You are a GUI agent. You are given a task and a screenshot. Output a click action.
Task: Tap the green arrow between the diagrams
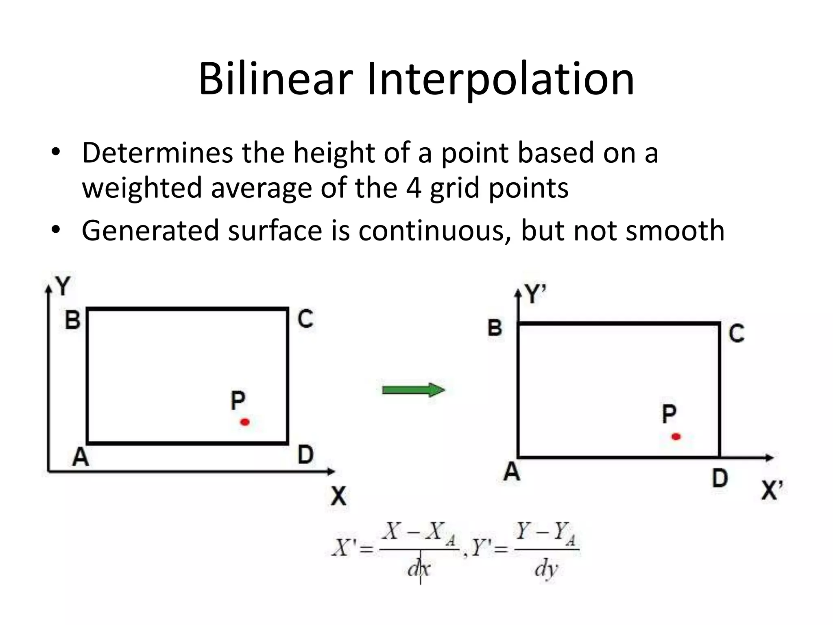pyautogui.click(x=413, y=390)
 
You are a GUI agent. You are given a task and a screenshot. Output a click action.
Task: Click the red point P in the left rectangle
pyautogui.click(x=245, y=422)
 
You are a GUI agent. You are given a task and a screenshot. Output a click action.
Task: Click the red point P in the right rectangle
pyautogui.click(x=676, y=437)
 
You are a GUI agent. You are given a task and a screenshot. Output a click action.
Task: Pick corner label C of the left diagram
pyautogui.click(x=305, y=319)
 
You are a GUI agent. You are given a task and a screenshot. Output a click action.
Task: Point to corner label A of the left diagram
pyautogui.click(x=80, y=457)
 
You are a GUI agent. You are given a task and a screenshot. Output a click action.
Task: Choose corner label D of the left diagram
pyautogui.click(x=305, y=455)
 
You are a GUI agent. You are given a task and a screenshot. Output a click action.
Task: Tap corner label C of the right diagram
pyautogui.click(x=736, y=333)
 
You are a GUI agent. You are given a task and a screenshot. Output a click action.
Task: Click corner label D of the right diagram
pyautogui.click(x=720, y=478)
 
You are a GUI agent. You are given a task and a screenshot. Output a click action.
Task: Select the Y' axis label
pyautogui.click(x=535, y=294)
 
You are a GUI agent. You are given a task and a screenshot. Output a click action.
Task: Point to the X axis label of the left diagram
pyautogui.click(x=338, y=496)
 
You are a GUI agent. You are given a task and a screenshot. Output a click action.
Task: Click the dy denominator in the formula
pyautogui.click(x=546, y=568)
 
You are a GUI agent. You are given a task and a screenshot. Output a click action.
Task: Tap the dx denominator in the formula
pyautogui.click(x=419, y=568)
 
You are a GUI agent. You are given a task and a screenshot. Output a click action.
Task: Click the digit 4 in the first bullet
pyautogui.click(x=414, y=188)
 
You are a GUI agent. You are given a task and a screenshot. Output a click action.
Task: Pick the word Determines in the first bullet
pyautogui.click(x=157, y=153)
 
